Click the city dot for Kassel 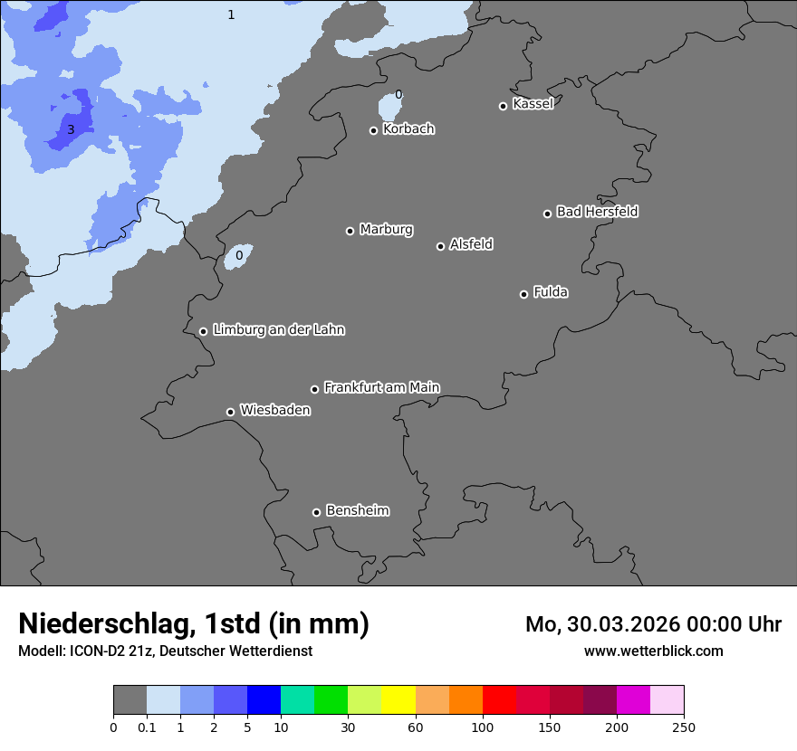tap(503, 106)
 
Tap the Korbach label tap(408, 128)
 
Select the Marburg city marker tap(350, 231)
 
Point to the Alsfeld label tap(471, 244)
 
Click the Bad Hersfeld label tap(597, 212)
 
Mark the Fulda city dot tap(523, 294)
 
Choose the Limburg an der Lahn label tap(278, 329)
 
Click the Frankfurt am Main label tap(381, 387)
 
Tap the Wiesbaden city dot tap(230, 412)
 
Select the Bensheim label tap(357, 510)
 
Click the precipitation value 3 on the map tap(71, 129)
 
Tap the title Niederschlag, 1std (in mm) tap(194, 623)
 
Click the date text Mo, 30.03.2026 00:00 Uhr tap(653, 624)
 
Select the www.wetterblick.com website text tap(653, 651)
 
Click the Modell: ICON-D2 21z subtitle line tap(165, 651)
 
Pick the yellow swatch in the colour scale tap(398, 700)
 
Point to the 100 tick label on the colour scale tap(482, 727)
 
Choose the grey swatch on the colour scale tap(130, 700)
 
